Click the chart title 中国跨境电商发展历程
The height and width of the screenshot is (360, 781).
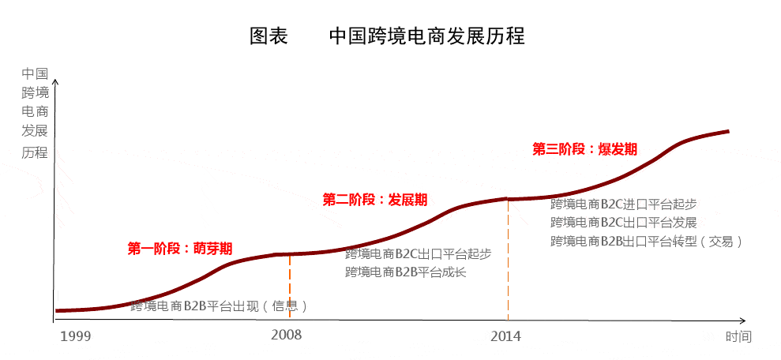pyautogui.click(x=426, y=36)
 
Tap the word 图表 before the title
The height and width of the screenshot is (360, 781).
pyautogui.click(x=268, y=36)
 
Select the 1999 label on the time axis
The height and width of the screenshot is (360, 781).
pyautogui.click(x=76, y=336)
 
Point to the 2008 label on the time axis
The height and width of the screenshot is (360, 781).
pyautogui.click(x=286, y=335)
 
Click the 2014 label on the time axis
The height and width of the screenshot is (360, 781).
pyautogui.click(x=505, y=336)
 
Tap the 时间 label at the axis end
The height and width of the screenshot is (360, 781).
pyautogui.click(x=738, y=337)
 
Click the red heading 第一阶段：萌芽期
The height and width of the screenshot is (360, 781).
pyautogui.click(x=180, y=248)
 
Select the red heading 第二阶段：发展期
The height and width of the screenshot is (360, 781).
pyautogui.click(x=375, y=200)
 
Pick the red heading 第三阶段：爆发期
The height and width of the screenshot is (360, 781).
pyautogui.click(x=584, y=149)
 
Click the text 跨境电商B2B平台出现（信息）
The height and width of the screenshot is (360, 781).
pyautogui.click(x=219, y=306)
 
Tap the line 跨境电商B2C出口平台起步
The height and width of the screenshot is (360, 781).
pyautogui.click(x=418, y=254)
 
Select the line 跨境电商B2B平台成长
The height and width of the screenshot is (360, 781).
pyautogui.click(x=405, y=272)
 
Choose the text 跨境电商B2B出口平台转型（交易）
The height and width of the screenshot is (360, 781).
pyautogui.click(x=647, y=242)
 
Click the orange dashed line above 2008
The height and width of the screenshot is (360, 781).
pyautogui.click(x=290, y=288)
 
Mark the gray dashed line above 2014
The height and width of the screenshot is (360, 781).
pyautogui.click(x=508, y=261)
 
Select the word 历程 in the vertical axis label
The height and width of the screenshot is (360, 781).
pyautogui.click(x=35, y=152)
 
